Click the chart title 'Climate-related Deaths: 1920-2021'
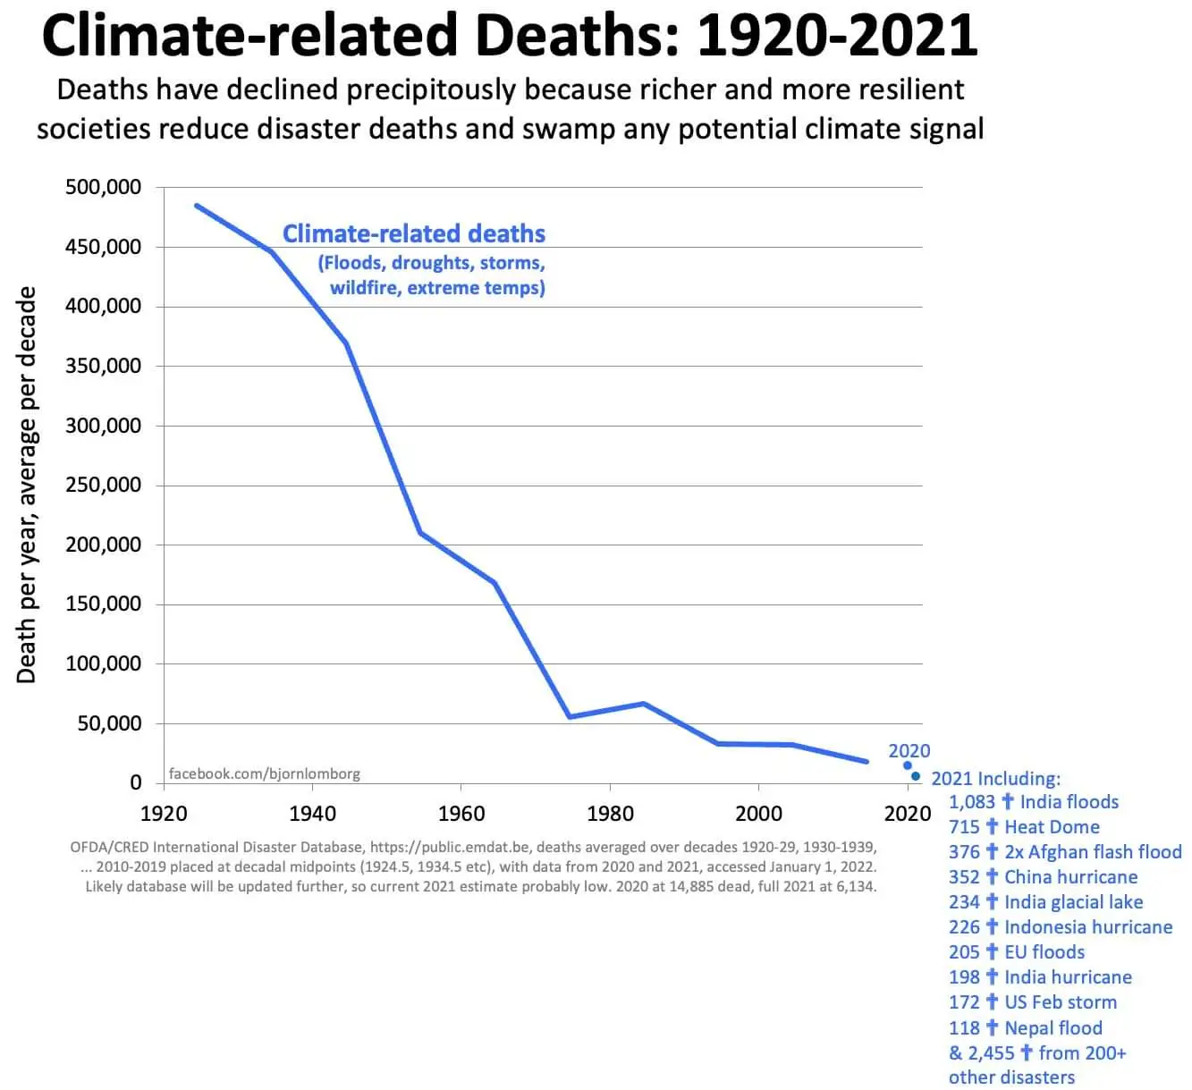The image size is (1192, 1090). [509, 36]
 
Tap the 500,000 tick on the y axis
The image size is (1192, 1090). [103, 187]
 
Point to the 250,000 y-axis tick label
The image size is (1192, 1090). [103, 485]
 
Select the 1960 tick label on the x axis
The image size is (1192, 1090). [461, 813]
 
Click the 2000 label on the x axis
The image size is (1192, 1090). [758, 813]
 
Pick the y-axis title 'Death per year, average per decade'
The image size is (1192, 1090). [27, 485]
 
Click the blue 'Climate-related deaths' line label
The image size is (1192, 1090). [413, 233]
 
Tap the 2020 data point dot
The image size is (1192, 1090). [908, 765]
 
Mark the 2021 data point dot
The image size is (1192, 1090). [915, 776]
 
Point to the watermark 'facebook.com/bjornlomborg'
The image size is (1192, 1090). [265, 773]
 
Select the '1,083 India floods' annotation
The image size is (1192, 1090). [1034, 802]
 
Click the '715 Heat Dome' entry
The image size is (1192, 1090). [1024, 827]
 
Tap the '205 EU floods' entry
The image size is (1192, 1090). [1017, 952]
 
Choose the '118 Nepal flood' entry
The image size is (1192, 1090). [1026, 1028]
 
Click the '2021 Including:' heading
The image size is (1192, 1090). [995, 779]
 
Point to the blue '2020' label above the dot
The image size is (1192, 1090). [909, 751]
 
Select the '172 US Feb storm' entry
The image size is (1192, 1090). [1033, 1002]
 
